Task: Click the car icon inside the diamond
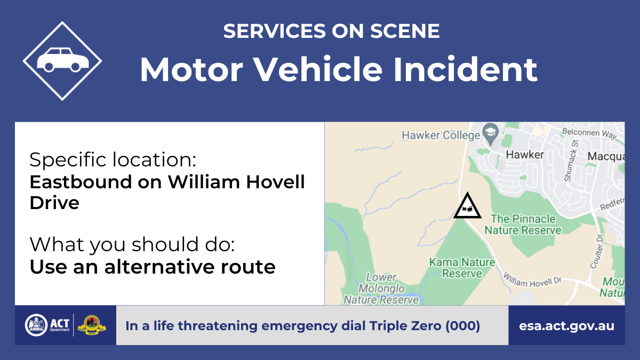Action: tap(63, 60)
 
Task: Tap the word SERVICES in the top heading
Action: tap(275, 31)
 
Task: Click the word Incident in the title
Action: tap(466, 69)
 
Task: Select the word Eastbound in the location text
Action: tap(81, 182)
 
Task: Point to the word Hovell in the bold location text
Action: tap(275, 182)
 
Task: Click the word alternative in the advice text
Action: tap(159, 267)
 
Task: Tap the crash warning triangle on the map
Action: tap(467, 206)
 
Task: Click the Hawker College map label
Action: tap(441, 135)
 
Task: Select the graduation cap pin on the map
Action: tap(490, 134)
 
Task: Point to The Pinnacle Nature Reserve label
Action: tap(523, 225)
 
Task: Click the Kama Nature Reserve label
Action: tap(462, 268)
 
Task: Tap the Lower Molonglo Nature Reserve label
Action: tap(381, 289)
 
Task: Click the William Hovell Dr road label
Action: tap(532, 281)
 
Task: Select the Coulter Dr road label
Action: tap(597, 252)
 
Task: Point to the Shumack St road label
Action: tap(571, 161)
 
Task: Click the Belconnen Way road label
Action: tap(589, 133)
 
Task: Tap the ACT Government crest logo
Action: tap(36, 325)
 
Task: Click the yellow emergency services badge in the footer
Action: tap(92, 325)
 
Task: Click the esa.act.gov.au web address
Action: tap(566, 326)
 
